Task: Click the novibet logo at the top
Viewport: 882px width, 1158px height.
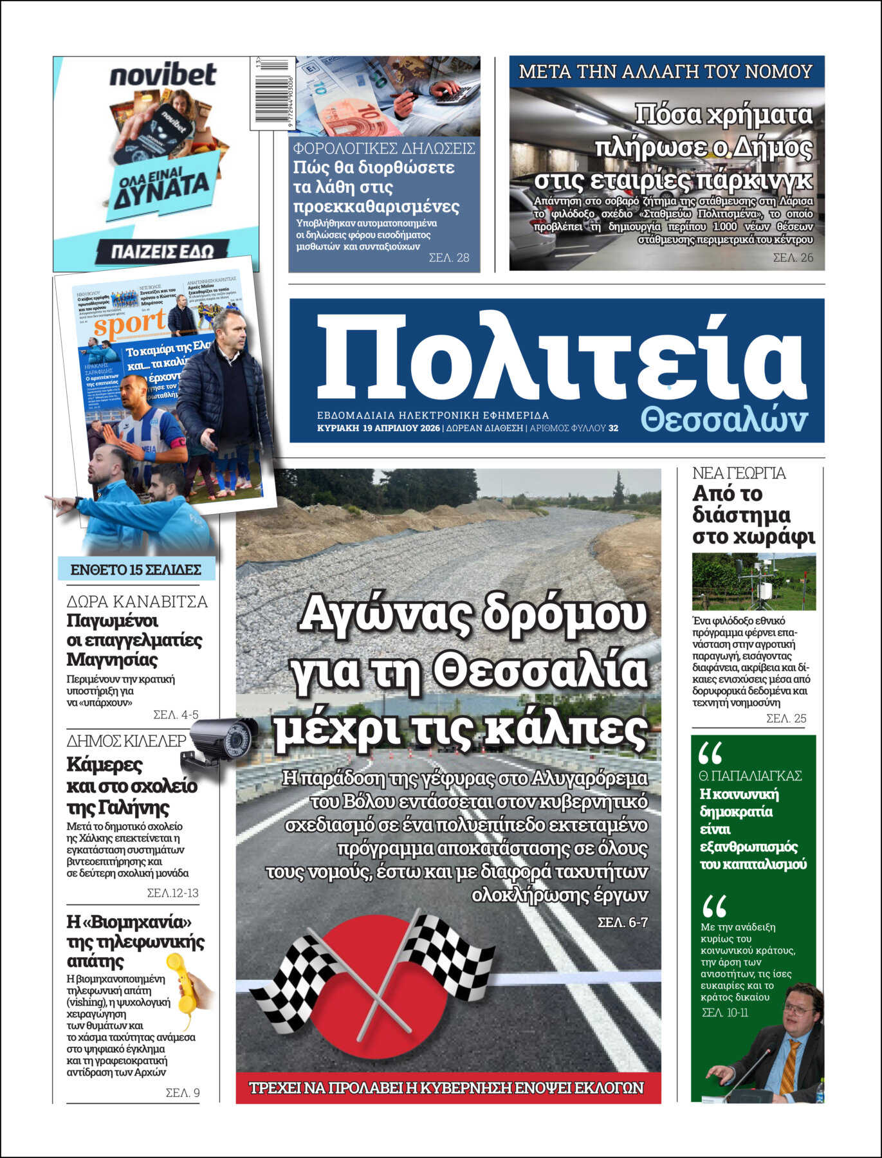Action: point(163,75)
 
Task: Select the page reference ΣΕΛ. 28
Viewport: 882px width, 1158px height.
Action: point(449,258)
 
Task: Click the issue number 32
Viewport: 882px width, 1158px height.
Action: point(613,428)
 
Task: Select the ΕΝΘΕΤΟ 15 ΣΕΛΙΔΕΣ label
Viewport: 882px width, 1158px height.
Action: point(136,569)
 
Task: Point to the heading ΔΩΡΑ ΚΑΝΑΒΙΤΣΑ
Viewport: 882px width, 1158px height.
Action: point(137,602)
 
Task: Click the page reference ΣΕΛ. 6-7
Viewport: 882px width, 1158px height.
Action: point(622,923)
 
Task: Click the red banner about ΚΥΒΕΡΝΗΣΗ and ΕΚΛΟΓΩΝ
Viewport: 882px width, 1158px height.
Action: point(448,1088)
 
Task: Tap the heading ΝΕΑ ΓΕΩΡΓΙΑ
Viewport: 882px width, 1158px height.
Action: point(739,473)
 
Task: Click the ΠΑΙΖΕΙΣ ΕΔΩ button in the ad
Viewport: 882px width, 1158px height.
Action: point(162,251)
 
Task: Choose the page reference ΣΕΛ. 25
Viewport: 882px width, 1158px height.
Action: point(786,719)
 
